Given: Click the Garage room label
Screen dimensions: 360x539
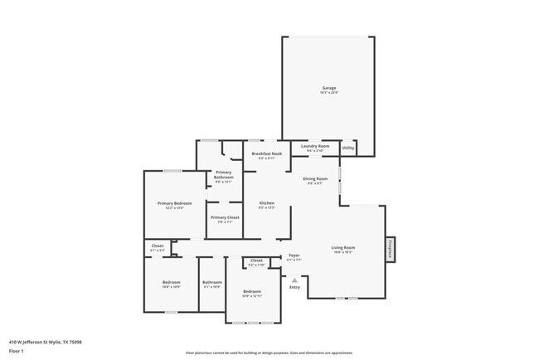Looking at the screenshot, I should (x=329, y=89).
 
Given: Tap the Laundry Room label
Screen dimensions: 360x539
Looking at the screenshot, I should (x=315, y=147).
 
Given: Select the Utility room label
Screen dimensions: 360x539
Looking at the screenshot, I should (x=348, y=148).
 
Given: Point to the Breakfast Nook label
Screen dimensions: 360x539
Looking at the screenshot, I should (x=266, y=155).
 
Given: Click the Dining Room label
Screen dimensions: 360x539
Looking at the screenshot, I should (x=315, y=180).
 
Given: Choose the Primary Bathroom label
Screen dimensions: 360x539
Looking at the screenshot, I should (x=224, y=176).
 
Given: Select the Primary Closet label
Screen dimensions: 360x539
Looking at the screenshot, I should (x=224, y=219).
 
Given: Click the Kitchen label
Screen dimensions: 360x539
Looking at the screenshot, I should (x=266, y=205).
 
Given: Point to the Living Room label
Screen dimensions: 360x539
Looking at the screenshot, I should (x=343, y=249).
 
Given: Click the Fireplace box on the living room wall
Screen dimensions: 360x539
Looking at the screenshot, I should (x=388, y=250).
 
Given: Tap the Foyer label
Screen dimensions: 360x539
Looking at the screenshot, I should (x=294, y=256).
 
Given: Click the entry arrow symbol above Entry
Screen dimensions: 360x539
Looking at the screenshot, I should (x=294, y=280).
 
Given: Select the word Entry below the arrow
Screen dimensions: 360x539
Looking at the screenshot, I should (x=294, y=287).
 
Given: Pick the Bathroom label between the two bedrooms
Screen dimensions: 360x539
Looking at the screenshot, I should (x=211, y=284).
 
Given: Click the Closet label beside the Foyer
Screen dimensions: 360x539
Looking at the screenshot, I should (x=256, y=262).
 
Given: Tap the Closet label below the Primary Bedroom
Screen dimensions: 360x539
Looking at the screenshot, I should (x=158, y=246).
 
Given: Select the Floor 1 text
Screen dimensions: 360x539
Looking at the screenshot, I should (x=16, y=352).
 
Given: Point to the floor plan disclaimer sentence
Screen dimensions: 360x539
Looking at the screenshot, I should (x=269, y=352).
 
